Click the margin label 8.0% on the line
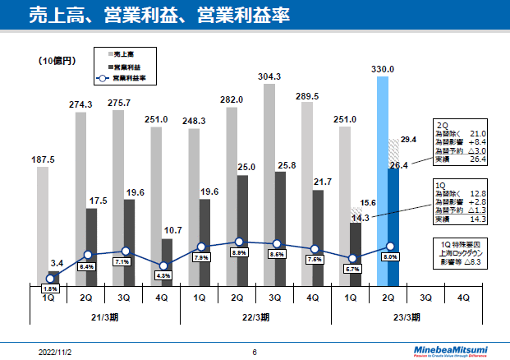(391, 256)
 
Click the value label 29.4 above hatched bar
(409, 140)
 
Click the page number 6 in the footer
(255, 353)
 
